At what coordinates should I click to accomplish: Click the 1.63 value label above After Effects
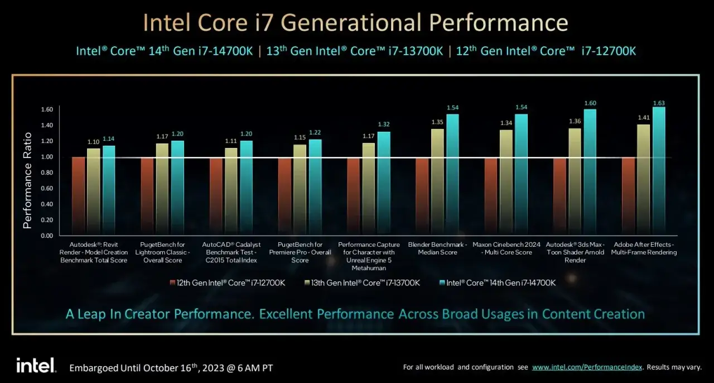coord(659,103)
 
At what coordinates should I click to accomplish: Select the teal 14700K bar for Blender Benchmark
coord(452,175)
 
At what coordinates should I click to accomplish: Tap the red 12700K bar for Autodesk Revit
coord(79,197)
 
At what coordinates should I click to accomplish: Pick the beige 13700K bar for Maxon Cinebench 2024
coord(506,183)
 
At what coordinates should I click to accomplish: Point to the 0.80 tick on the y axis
coord(47,173)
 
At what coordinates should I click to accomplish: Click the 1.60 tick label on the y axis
coord(47,109)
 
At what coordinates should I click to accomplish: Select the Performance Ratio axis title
coord(27,180)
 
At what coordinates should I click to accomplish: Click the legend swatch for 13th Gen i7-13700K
coord(307,283)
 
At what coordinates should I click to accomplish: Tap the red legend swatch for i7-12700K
coord(172,283)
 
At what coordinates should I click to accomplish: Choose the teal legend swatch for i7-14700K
coord(442,283)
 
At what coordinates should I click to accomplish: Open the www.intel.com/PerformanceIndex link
coord(587,367)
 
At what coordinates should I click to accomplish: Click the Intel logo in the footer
coord(36,365)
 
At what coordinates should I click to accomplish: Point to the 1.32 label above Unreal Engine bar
coord(384,124)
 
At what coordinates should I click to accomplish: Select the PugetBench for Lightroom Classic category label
coord(162,252)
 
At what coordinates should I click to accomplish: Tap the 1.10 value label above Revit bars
coord(93,142)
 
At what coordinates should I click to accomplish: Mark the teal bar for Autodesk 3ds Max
coord(590,173)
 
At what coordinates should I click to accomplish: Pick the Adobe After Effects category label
coord(644,248)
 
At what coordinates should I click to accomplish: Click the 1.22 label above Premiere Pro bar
coord(315,132)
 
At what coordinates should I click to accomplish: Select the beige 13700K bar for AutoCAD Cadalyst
coord(231,192)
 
